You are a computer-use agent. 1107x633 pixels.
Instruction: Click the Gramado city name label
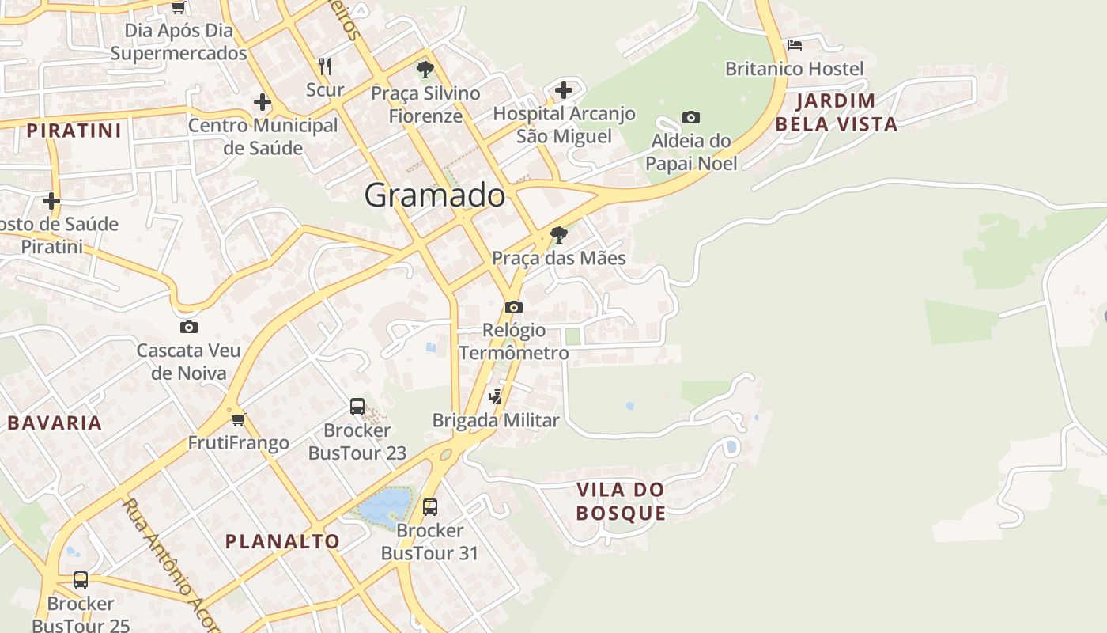point(435,195)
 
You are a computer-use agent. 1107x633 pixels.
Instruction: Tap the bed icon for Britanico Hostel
point(795,45)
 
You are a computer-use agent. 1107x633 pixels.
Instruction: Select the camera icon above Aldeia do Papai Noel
point(691,118)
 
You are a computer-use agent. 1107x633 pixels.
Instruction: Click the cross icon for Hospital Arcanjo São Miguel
point(564,90)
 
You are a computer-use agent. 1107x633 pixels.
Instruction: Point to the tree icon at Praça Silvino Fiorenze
point(425,70)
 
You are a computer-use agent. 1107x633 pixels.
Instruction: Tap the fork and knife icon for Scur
point(325,66)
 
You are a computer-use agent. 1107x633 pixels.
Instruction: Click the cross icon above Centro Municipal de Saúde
point(263,102)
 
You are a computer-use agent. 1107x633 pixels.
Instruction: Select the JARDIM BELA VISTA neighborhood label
point(837,112)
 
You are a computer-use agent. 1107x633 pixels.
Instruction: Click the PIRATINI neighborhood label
point(74,131)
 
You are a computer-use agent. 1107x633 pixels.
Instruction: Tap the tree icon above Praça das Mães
point(559,235)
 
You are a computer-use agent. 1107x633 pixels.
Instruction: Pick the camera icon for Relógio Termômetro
point(514,307)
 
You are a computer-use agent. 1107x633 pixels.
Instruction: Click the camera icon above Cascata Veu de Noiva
point(188,328)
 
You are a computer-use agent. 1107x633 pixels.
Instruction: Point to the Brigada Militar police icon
point(496,397)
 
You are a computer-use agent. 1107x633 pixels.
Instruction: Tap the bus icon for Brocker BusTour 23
point(357,407)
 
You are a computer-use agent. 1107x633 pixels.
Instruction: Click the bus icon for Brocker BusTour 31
point(430,506)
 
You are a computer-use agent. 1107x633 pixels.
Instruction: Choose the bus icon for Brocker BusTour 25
point(81,580)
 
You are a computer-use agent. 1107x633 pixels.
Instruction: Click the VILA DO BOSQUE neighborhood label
point(621,502)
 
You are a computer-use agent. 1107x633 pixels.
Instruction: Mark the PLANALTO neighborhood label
point(282,542)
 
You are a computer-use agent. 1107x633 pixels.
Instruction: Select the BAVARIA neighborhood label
point(55,423)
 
